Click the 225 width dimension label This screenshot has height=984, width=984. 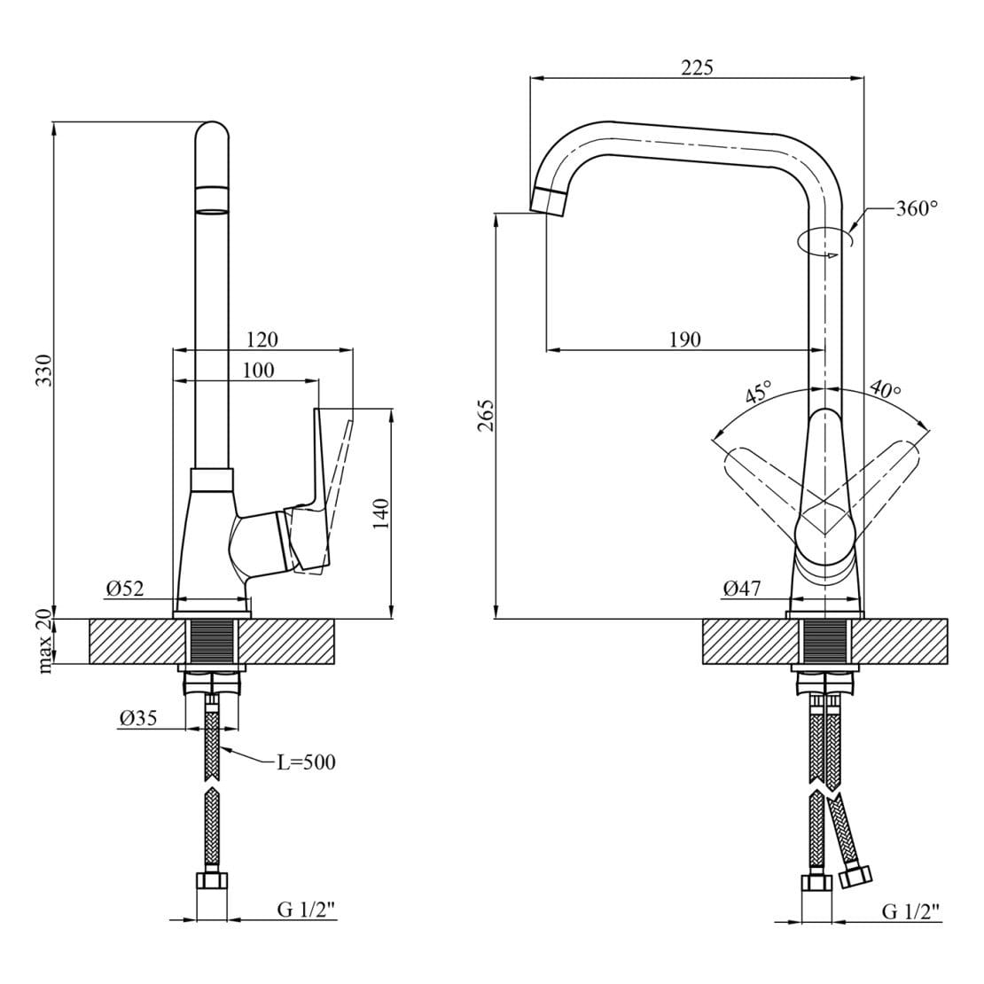coord(697,66)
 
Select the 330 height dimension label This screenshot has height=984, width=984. coord(44,371)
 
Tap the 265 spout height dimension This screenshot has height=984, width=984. coord(486,415)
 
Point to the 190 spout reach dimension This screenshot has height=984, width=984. coord(684,340)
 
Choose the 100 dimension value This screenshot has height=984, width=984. coord(258,371)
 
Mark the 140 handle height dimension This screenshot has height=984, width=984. coord(381,513)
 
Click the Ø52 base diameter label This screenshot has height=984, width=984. coord(125,588)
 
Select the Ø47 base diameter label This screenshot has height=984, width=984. coord(741,588)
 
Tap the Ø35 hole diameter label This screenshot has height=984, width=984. coord(138,717)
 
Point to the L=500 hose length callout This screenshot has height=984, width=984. coord(306,762)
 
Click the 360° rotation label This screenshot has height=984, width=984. coord(917,207)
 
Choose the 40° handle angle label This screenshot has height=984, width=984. coord(886,390)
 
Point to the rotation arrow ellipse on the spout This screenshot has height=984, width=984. coord(823,242)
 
